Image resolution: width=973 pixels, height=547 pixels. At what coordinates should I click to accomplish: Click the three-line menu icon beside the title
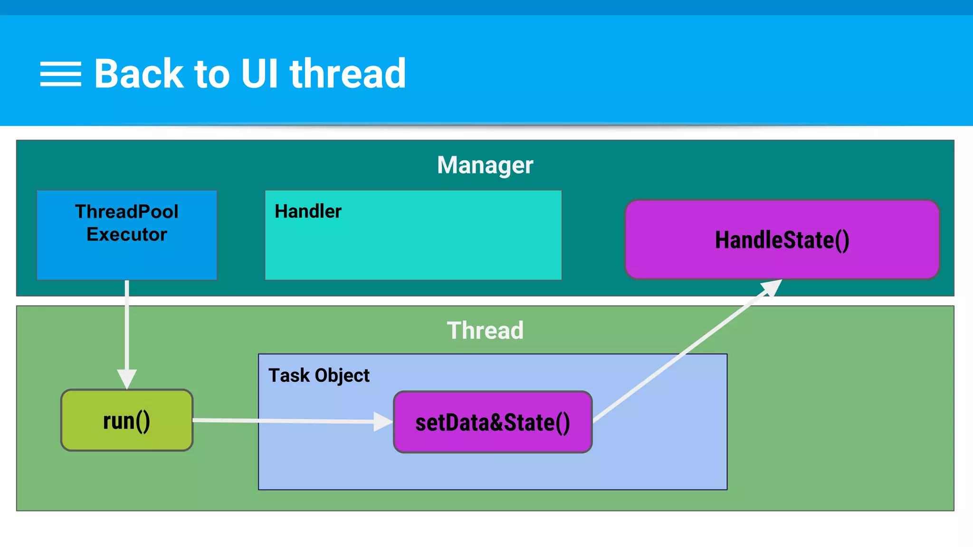(60, 74)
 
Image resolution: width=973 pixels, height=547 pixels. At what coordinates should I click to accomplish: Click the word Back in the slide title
(138, 74)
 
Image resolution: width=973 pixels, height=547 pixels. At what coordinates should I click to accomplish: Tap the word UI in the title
(259, 74)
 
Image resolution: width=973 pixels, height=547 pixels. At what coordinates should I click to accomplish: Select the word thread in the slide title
(348, 74)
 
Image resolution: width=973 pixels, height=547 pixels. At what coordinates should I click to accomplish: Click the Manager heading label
(485, 165)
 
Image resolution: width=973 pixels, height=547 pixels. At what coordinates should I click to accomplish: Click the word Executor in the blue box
(127, 235)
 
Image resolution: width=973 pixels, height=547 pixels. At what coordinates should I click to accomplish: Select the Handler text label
(308, 211)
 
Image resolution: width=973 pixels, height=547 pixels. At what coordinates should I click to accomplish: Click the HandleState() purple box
(782, 240)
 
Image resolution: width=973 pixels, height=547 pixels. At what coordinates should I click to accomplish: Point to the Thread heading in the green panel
(485, 330)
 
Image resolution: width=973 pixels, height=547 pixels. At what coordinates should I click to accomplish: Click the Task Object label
(319, 376)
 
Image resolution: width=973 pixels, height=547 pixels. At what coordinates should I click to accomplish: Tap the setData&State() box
(493, 422)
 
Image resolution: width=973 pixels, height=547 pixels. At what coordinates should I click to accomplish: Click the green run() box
(127, 421)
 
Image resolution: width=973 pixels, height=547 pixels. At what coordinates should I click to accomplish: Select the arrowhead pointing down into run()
(127, 379)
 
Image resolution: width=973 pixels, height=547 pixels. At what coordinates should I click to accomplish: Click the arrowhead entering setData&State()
(383, 422)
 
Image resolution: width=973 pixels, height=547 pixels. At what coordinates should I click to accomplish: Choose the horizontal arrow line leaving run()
(285, 421)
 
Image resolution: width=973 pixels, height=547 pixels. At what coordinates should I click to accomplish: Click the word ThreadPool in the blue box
(127, 212)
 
